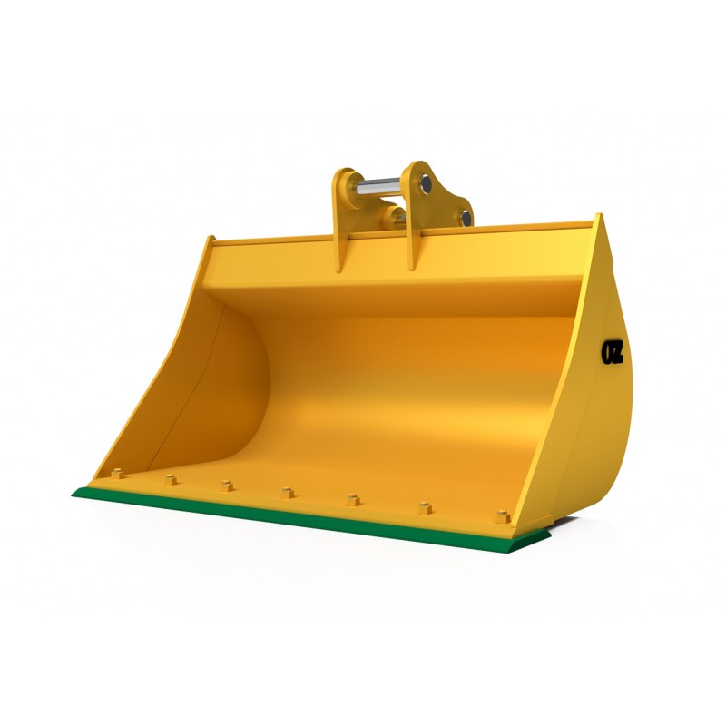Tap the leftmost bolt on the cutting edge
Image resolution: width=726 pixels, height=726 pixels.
(x=117, y=474)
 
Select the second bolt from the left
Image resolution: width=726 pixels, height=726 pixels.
(x=170, y=479)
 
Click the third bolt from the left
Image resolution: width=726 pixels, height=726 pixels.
(x=226, y=486)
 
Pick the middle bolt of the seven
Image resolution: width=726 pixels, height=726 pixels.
(x=287, y=492)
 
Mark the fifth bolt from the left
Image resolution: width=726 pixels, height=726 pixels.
(x=352, y=499)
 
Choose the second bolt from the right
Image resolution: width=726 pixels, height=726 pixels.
(x=424, y=507)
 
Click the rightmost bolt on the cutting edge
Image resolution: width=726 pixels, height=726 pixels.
(x=502, y=516)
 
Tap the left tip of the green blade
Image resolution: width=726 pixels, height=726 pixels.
(x=74, y=494)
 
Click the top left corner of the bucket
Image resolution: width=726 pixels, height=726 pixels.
(x=210, y=240)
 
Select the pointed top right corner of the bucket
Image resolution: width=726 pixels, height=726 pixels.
(x=599, y=217)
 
